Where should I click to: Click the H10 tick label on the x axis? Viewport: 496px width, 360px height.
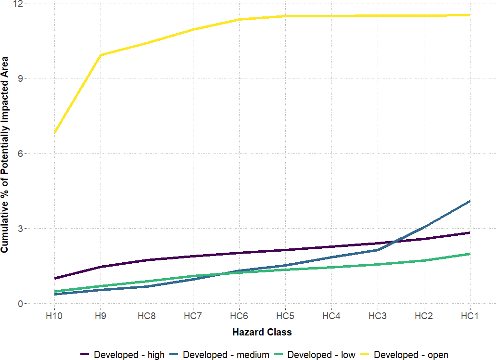54,316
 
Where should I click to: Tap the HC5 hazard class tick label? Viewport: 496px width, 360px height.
285,316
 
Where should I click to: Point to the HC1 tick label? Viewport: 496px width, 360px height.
470,316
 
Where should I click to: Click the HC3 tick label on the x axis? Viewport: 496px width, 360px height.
378,316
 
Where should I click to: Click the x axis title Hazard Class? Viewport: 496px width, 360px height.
262,332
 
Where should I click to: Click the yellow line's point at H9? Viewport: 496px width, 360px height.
101,55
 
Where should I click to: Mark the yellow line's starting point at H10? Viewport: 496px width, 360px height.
55,132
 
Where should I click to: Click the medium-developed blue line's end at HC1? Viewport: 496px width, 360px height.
470,201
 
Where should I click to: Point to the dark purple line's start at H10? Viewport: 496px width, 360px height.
55,278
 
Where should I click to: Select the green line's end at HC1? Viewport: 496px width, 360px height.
470,254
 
